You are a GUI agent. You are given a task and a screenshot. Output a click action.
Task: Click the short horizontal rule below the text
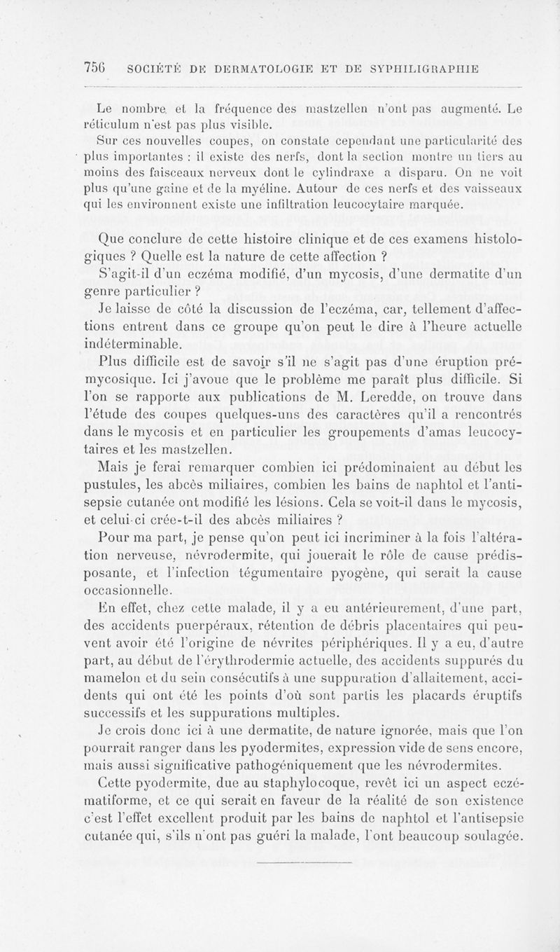click(304, 864)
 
